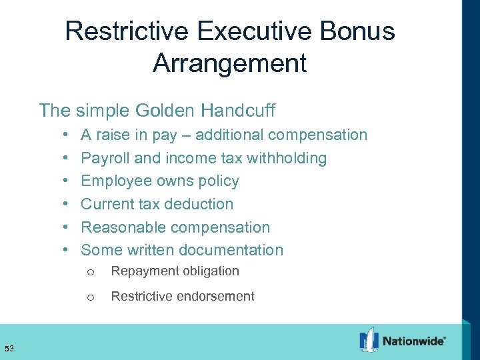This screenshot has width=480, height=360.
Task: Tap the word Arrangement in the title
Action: tap(229, 63)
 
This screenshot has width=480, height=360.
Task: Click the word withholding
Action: tap(287, 158)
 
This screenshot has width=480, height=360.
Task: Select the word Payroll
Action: tap(105, 158)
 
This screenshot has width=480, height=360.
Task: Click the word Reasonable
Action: tap(125, 227)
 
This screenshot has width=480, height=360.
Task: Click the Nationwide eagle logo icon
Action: tap(368, 340)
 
